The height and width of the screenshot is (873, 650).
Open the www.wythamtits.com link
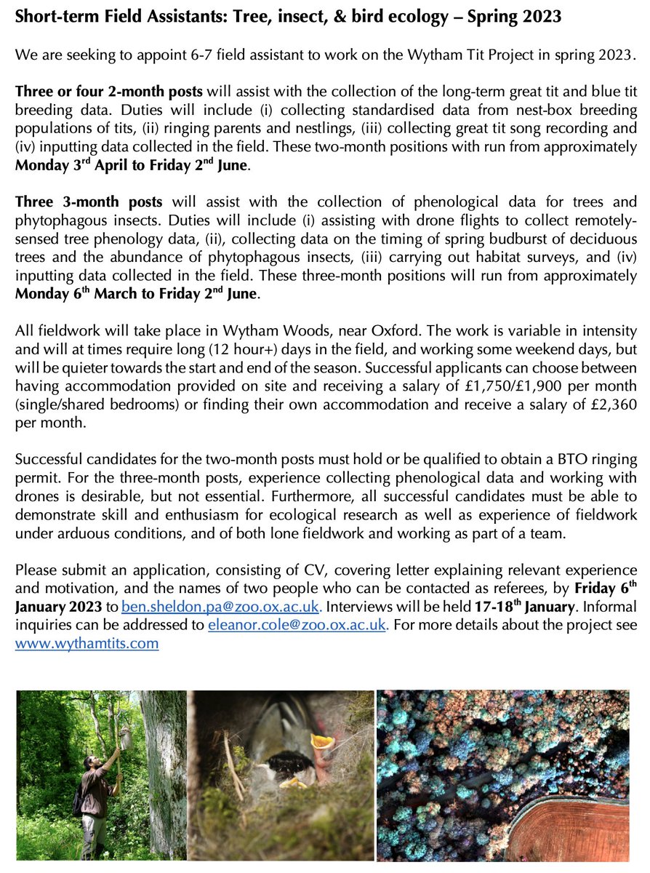pyautogui.click(x=87, y=643)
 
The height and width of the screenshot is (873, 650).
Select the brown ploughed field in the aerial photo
pyautogui.click(x=574, y=833)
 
